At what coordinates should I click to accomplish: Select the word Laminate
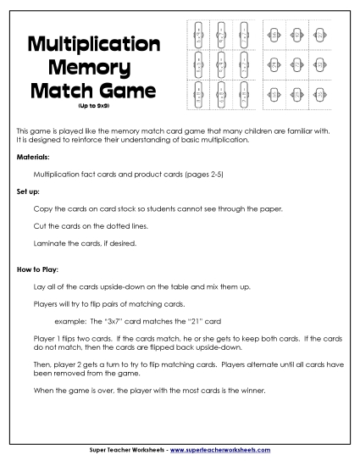coord(47,243)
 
